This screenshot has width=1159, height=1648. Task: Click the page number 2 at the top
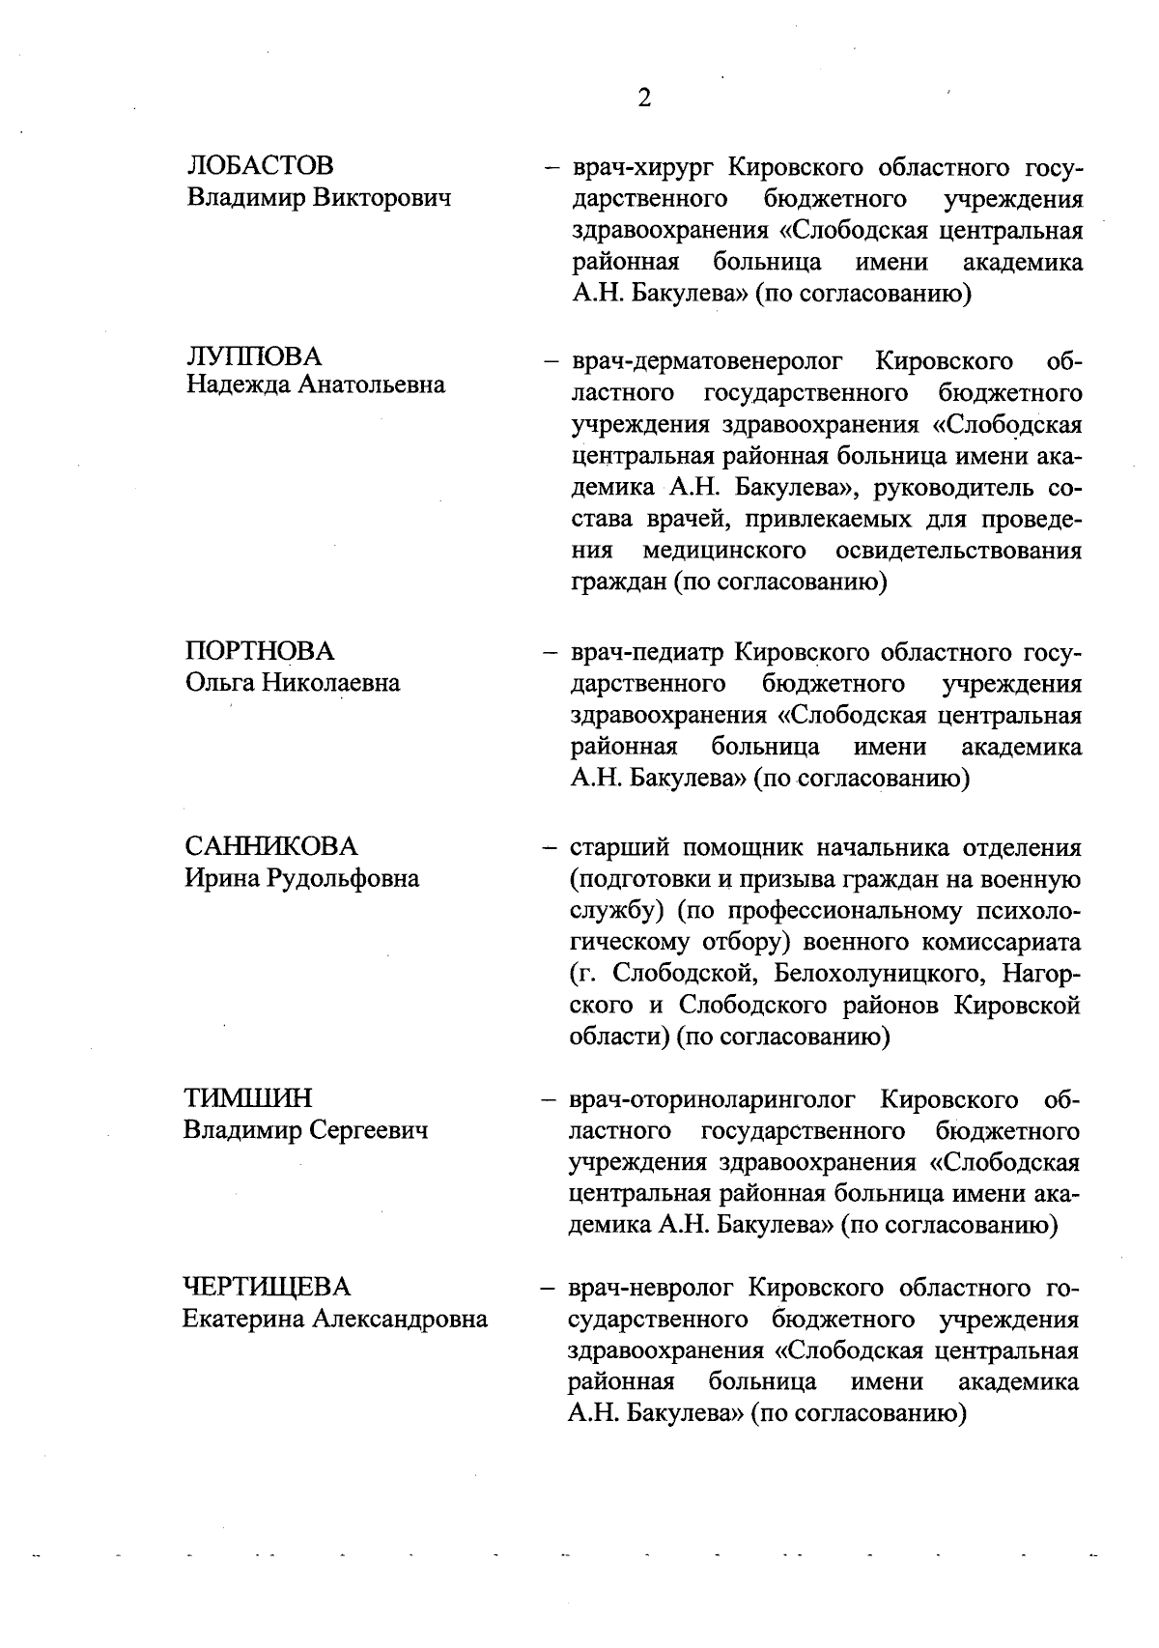645,99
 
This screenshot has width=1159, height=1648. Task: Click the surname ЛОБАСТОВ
260,165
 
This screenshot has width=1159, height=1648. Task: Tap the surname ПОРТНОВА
259,650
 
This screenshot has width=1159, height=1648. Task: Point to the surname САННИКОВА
270,846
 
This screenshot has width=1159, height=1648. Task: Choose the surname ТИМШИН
248,1098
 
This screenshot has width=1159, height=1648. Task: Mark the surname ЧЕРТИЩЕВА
268,1287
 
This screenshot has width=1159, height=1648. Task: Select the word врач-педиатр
646,653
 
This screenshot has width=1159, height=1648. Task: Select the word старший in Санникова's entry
619,849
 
